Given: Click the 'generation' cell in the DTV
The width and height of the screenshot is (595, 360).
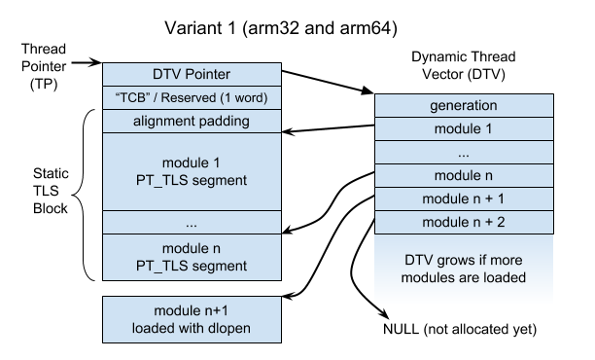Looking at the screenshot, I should tap(448, 105).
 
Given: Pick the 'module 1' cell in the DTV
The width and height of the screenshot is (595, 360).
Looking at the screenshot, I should tap(448, 128).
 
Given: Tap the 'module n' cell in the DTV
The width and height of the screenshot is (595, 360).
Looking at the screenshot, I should tap(448, 175).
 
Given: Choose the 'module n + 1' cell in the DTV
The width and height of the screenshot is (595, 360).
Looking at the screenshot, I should tap(448, 198).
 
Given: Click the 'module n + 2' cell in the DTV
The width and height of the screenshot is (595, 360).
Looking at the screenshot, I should tap(448, 222).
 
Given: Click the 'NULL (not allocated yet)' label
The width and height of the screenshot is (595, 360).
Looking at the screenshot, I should tap(460, 330).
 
